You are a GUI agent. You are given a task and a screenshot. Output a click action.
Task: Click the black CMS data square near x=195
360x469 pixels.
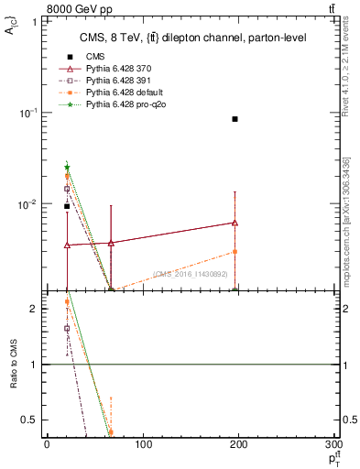click(x=235, y=119)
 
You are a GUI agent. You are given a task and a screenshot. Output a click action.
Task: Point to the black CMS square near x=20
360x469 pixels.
click(x=67, y=206)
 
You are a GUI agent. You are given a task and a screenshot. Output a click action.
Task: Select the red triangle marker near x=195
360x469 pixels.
click(x=235, y=223)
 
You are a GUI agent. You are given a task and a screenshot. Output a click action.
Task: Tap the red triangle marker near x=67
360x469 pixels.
click(x=111, y=243)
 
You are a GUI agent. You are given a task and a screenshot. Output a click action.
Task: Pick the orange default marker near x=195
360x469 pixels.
click(x=235, y=251)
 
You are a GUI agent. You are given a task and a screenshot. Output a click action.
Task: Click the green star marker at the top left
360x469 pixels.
click(x=67, y=168)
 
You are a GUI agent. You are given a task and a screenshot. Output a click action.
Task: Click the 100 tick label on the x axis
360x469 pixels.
click(x=143, y=445)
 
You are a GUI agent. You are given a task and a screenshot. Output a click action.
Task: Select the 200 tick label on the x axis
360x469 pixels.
click(x=240, y=445)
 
